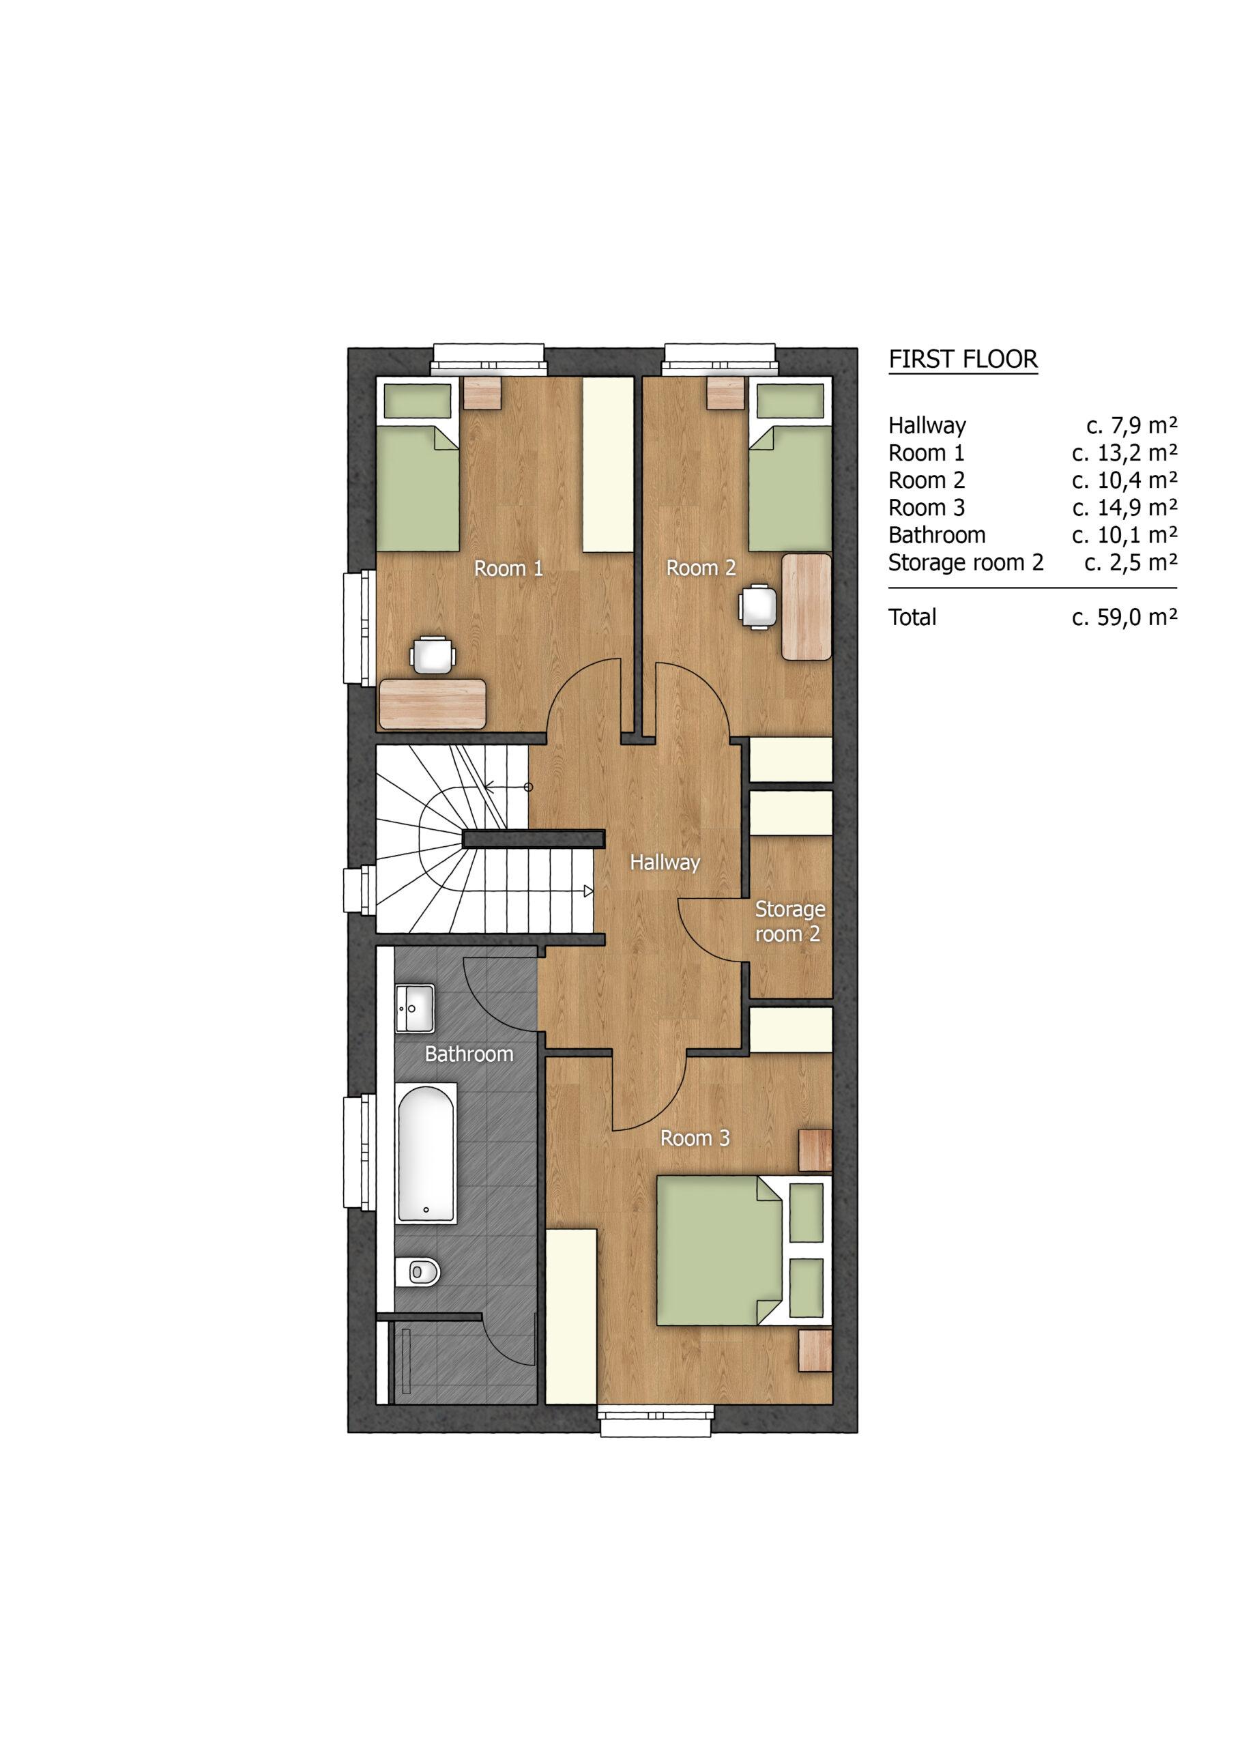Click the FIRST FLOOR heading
[x=963, y=359]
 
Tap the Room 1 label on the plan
[x=508, y=568]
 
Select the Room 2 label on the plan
[x=701, y=568]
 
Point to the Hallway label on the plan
[x=665, y=862]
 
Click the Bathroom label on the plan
[x=469, y=1054]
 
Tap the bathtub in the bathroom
[x=426, y=1153]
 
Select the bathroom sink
[x=415, y=1009]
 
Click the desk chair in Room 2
[x=758, y=607]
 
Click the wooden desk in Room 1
[x=432, y=703]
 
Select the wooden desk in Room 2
[x=806, y=607]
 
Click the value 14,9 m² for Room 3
[x=1124, y=508]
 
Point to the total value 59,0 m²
[x=1124, y=617]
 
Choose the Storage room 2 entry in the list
[x=965, y=563]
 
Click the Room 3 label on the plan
[x=695, y=1138]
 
